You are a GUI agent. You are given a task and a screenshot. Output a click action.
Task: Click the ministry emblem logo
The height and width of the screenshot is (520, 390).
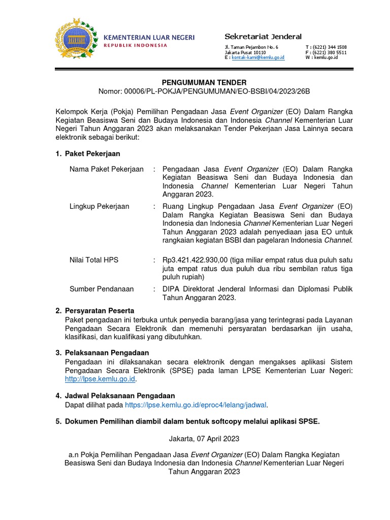(x=77, y=40)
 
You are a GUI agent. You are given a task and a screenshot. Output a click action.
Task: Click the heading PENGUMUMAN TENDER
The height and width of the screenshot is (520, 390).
(x=204, y=82)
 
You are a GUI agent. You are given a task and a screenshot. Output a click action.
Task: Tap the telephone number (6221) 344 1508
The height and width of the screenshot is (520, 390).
(x=330, y=47)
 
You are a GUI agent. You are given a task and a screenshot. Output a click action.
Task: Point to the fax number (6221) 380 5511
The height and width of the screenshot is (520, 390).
(x=330, y=52)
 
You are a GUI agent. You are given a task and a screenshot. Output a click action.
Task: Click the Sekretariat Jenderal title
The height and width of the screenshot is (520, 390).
(x=263, y=37)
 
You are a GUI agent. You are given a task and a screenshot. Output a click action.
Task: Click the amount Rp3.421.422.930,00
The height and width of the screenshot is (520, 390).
(x=194, y=260)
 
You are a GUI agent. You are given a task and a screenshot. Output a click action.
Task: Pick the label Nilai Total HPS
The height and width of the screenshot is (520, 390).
(x=94, y=260)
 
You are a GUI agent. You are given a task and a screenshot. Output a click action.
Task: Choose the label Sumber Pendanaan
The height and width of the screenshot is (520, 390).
(x=102, y=289)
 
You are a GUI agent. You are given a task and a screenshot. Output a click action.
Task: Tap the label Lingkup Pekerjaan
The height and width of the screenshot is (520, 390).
(x=99, y=206)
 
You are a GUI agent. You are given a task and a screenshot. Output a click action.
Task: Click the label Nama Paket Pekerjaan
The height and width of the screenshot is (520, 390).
(x=107, y=169)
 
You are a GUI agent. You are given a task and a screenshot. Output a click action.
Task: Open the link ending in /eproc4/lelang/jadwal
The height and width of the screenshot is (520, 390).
(x=196, y=405)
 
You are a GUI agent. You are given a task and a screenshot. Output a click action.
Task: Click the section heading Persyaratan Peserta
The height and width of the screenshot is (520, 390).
(x=100, y=310)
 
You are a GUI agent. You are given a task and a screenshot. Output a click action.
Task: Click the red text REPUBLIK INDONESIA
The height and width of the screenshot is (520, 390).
(x=135, y=46)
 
